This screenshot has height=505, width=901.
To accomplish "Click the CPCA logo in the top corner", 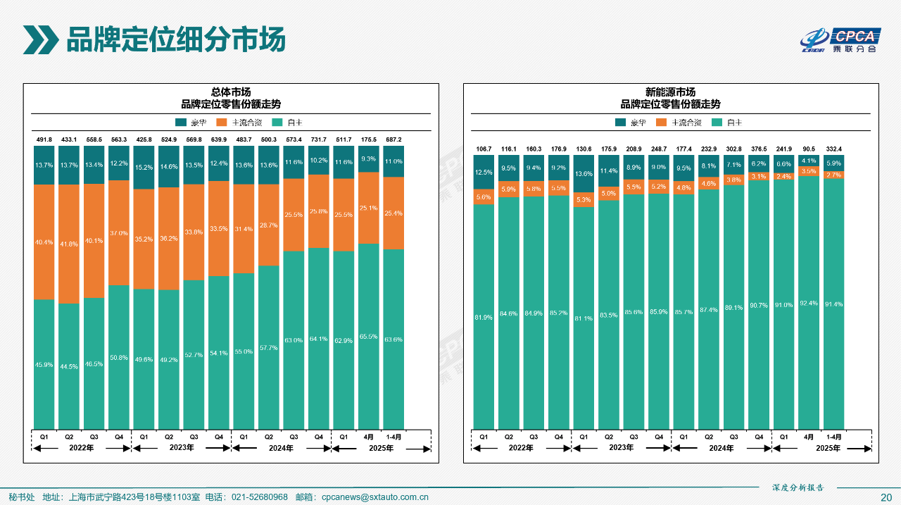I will click(840, 40).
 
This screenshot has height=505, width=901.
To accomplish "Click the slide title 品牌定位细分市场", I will click(175, 39).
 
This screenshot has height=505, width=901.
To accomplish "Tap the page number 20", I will click(886, 497).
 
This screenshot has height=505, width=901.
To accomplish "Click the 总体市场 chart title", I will click(231, 92).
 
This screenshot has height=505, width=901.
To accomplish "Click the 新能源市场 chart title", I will click(670, 92).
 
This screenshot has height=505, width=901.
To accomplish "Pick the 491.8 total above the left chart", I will click(44, 139).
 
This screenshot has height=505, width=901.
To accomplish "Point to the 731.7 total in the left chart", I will click(319, 139).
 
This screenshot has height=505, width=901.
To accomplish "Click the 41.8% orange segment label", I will click(69, 244).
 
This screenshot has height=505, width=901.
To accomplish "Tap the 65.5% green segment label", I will click(369, 337).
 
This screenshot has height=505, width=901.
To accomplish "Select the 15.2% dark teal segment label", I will click(144, 168).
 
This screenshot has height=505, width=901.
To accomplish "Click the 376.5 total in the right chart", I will click(759, 149).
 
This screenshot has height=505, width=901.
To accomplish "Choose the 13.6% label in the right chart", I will click(584, 174).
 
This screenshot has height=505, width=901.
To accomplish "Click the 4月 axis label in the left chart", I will click(369, 437).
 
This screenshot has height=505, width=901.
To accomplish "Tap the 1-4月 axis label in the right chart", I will click(833, 437).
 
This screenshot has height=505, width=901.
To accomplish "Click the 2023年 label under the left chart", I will click(181, 448).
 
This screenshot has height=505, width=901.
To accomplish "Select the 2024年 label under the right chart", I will click(721, 448).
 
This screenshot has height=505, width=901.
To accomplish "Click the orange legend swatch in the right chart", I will click(660, 123).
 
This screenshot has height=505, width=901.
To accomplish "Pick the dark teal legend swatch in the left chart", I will click(181, 123).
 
